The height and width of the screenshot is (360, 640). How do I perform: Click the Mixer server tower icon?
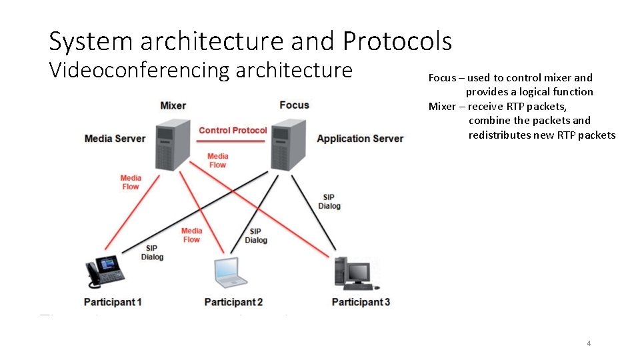(x=173, y=144)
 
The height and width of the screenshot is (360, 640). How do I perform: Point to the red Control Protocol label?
(x=233, y=131)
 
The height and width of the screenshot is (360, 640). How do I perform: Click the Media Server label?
(x=115, y=139)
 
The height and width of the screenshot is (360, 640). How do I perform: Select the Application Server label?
(x=360, y=139)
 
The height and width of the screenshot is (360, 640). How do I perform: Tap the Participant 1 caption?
(x=113, y=302)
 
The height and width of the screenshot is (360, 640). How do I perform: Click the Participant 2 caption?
(x=233, y=302)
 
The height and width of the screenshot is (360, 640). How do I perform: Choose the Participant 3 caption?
(x=361, y=302)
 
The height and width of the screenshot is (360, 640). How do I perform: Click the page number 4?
(x=589, y=343)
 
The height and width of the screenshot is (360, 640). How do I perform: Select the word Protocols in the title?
(x=397, y=41)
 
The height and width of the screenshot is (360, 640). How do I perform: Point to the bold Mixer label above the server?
(x=173, y=105)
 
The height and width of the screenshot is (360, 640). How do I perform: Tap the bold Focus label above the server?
(x=294, y=105)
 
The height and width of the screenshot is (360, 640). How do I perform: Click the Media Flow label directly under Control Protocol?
(x=217, y=161)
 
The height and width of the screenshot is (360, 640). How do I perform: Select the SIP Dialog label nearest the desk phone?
(x=152, y=253)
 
